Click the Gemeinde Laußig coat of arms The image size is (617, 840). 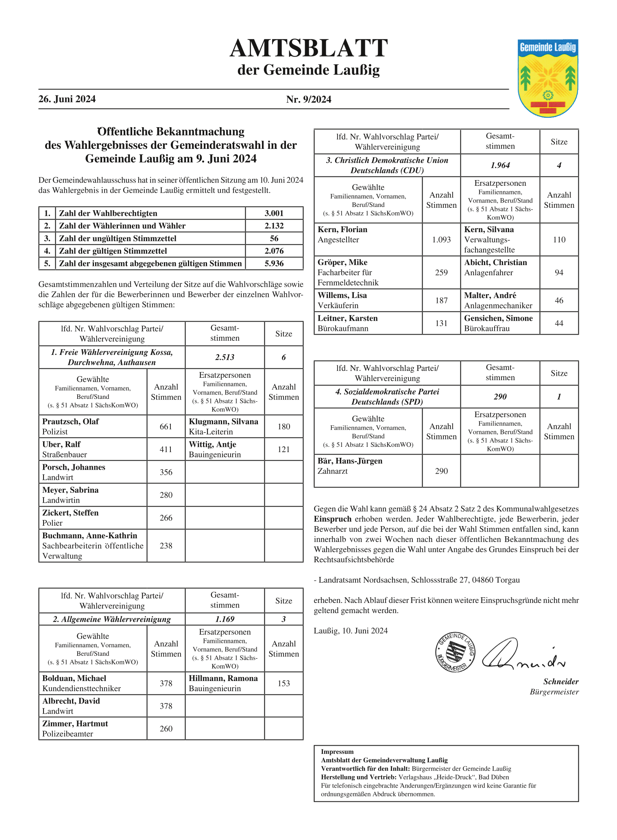548,78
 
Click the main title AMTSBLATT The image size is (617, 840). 309,48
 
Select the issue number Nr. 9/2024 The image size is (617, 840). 309,100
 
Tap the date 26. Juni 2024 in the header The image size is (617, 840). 67,99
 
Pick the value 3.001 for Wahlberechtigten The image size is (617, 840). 274,213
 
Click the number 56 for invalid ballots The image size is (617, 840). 274,239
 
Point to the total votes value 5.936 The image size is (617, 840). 274,264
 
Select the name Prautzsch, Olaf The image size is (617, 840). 70,422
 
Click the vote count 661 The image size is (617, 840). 166,427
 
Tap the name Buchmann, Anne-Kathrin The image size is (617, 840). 90,536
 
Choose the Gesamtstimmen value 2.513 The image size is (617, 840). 225,357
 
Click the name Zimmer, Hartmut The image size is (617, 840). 75,724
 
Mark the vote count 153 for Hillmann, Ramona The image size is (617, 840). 283,683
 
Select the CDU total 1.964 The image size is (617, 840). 500,165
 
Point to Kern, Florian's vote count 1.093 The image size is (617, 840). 441,240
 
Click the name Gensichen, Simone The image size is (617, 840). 499,318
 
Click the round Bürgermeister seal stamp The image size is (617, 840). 455,653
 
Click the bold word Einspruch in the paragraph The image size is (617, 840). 333,519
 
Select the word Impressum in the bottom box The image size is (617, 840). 337,752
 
